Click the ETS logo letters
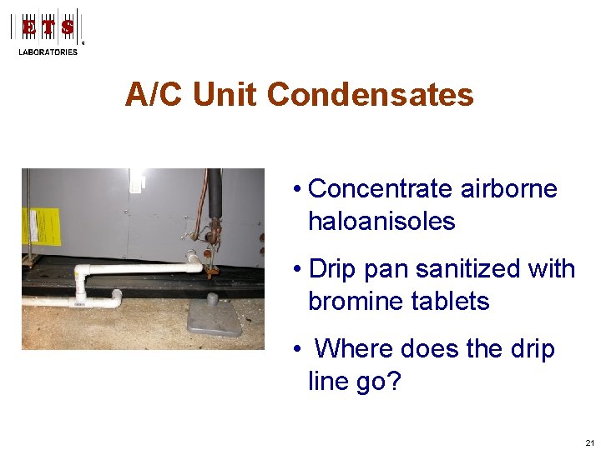(48, 27)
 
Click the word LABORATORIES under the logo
(48, 52)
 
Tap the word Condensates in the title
(371, 95)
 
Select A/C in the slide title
(155, 95)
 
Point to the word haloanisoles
(381, 222)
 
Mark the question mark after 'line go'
(395, 382)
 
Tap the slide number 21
(590, 442)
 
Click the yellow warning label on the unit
(40, 226)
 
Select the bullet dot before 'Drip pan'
(297, 270)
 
